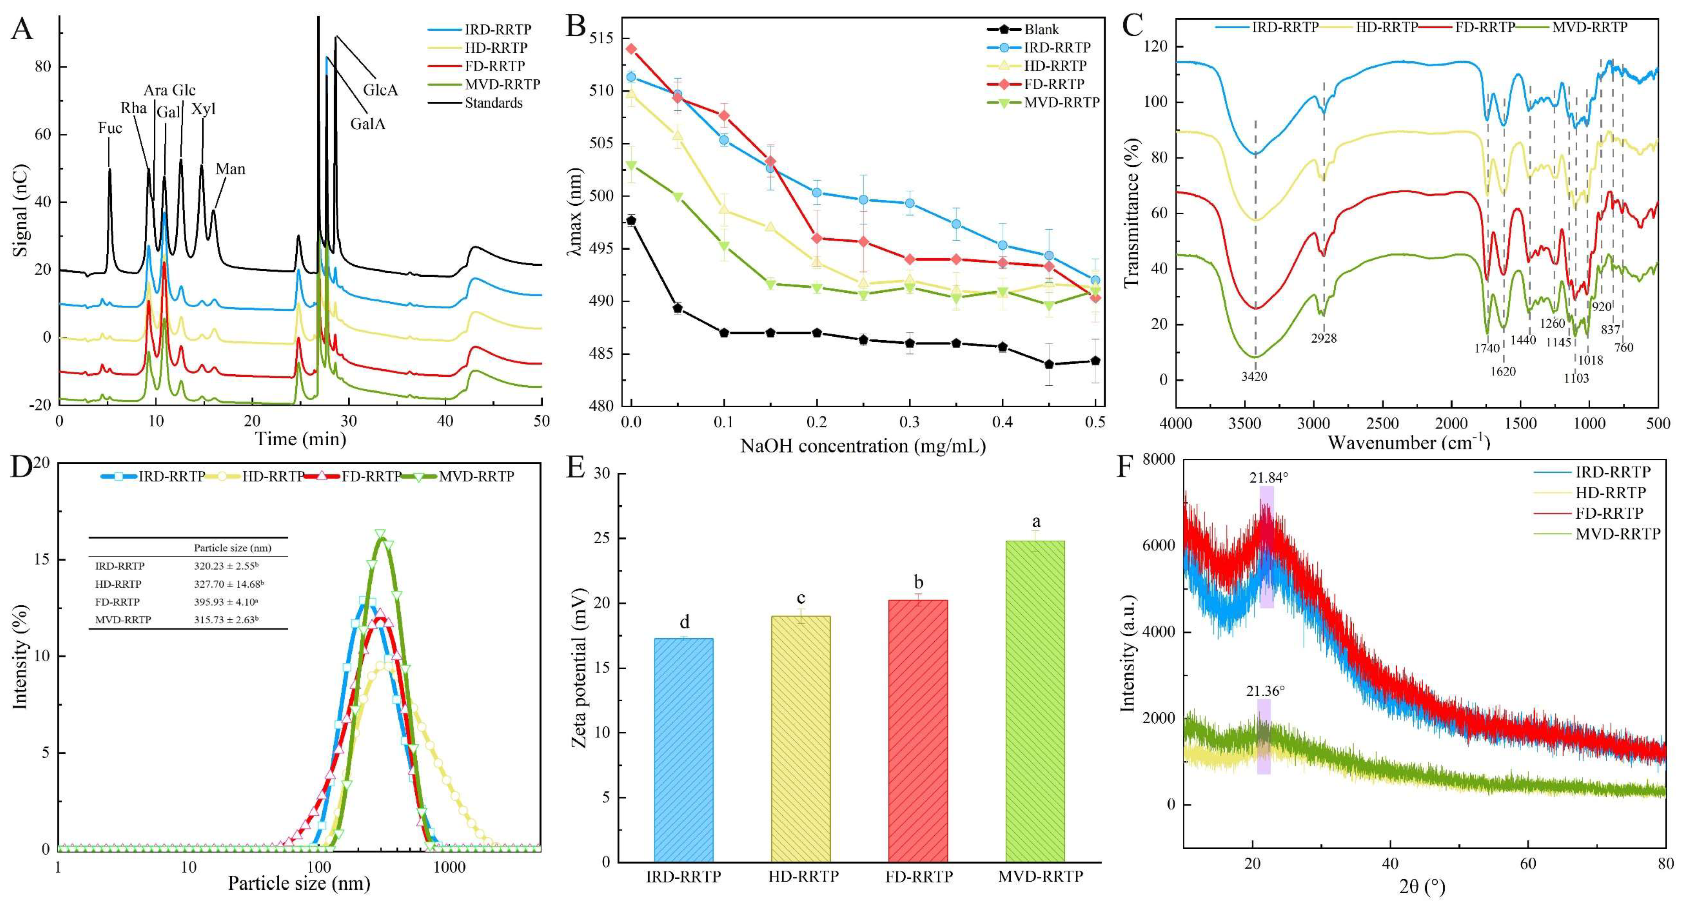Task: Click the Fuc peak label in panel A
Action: coord(110,128)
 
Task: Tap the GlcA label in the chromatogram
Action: coord(381,90)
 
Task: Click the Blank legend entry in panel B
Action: coord(1042,30)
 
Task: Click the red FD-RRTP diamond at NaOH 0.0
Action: coord(631,49)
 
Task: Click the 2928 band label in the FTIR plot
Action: coord(1323,338)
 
